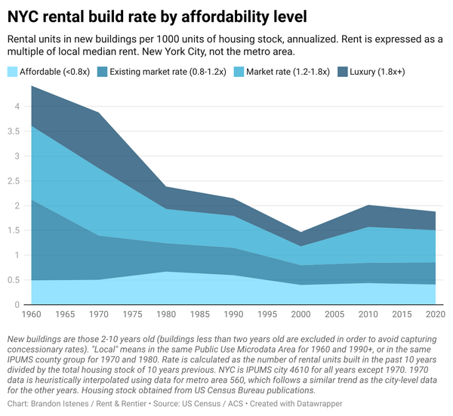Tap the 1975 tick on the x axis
(132, 313)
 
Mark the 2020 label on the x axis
(435, 313)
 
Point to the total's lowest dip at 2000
(302, 232)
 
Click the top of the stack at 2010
(387, 205)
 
